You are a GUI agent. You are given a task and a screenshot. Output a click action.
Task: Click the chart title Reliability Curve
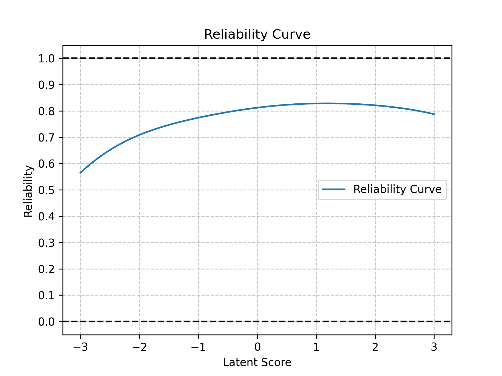pyautogui.click(x=257, y=34)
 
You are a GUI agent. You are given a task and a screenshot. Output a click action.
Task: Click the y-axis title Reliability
pyautogui.click(x=28, y=191)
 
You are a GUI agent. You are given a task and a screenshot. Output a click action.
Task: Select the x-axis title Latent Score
pyautogui.click(x=257, y=362)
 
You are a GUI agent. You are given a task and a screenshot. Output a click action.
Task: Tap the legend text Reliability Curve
pyautogui.click(x=397, y=189)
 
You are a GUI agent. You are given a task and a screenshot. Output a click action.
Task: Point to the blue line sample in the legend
pyautogui.click(x=334, y=189)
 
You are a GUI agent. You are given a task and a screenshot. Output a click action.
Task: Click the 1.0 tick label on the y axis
pyautogui.click(x=46, y=58)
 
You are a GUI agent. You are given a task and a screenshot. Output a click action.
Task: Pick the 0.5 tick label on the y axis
pyautogui.click(x=46, y=190)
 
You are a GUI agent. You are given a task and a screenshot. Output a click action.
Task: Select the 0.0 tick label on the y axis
pyautogui.click(x=46, y=322)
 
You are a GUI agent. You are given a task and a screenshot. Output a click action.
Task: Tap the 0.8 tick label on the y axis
pyautogui.click(x=46, y=111)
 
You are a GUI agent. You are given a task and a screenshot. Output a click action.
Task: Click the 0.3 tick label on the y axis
pyautogui.click(x=46, y=243)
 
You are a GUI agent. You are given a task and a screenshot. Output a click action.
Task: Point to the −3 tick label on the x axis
pyautogui.click(x=80, y=347)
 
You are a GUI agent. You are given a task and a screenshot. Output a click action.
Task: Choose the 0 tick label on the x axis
pyautogui.click(x=257, y=347)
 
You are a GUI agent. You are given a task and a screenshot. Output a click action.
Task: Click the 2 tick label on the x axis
pyautogui.click(x=375, y=347)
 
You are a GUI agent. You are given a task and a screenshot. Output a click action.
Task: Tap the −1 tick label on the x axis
pyautogui.click(x=198, y=347)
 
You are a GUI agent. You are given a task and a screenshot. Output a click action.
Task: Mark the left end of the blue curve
pyautogui.click(x=81, y=173)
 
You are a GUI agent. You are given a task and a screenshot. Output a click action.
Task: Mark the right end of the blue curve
pyautogui.click(x=434, y=114)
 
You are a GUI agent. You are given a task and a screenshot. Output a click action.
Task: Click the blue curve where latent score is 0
pyautogui.click(x=257, y=108)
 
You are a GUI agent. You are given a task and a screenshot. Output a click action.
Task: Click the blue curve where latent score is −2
pyautogui.click(x=139, y=135)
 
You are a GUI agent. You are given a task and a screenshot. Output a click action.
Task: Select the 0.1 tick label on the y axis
pyautogui.click(x=46, y=295)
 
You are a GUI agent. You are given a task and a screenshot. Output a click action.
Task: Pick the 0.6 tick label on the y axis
pyautogui.click(x=46, y=164)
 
